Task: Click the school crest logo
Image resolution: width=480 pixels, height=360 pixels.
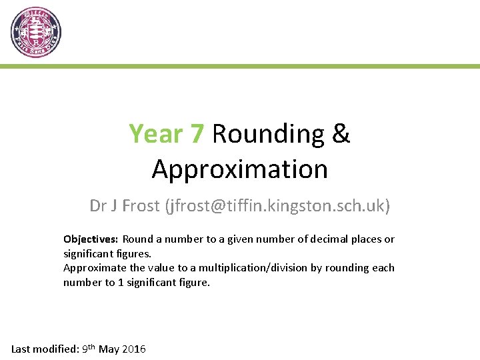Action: click(36, 32)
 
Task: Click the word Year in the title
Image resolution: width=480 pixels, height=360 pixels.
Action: click(156, 134)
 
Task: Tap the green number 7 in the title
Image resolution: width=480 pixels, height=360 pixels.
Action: click(197, 134)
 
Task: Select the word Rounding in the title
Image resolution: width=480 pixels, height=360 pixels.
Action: click(267, 134)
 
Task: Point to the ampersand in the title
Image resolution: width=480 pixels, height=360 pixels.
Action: click(340, 134)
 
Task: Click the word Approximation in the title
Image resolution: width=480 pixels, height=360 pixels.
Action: click(240, 169)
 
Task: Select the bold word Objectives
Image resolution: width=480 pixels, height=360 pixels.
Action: click(91, 239)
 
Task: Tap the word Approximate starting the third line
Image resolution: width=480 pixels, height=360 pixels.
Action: click(95, 268)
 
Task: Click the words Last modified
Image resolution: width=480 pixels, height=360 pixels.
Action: click(43, 349)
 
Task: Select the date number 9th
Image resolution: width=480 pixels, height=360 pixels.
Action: click(88, 349)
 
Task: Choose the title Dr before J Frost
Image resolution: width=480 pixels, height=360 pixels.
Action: click(98, 206)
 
